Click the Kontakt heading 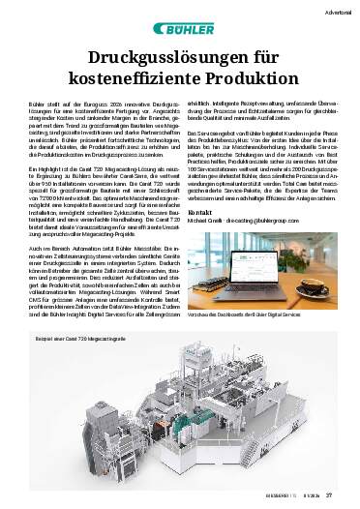pos(197,238)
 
